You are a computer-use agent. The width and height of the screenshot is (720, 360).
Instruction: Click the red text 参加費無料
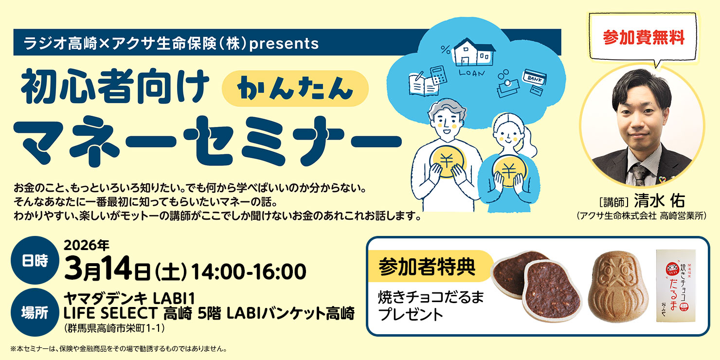(x=643, y=37)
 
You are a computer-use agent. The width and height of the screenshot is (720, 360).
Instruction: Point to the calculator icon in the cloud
(x=437, y=76)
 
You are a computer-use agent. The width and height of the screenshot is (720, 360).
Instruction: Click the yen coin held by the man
(x=449, y=161)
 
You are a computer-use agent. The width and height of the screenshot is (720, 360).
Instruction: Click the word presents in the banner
(x=290, y=43)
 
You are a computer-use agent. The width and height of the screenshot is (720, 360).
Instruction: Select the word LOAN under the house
(x=472, y=73)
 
